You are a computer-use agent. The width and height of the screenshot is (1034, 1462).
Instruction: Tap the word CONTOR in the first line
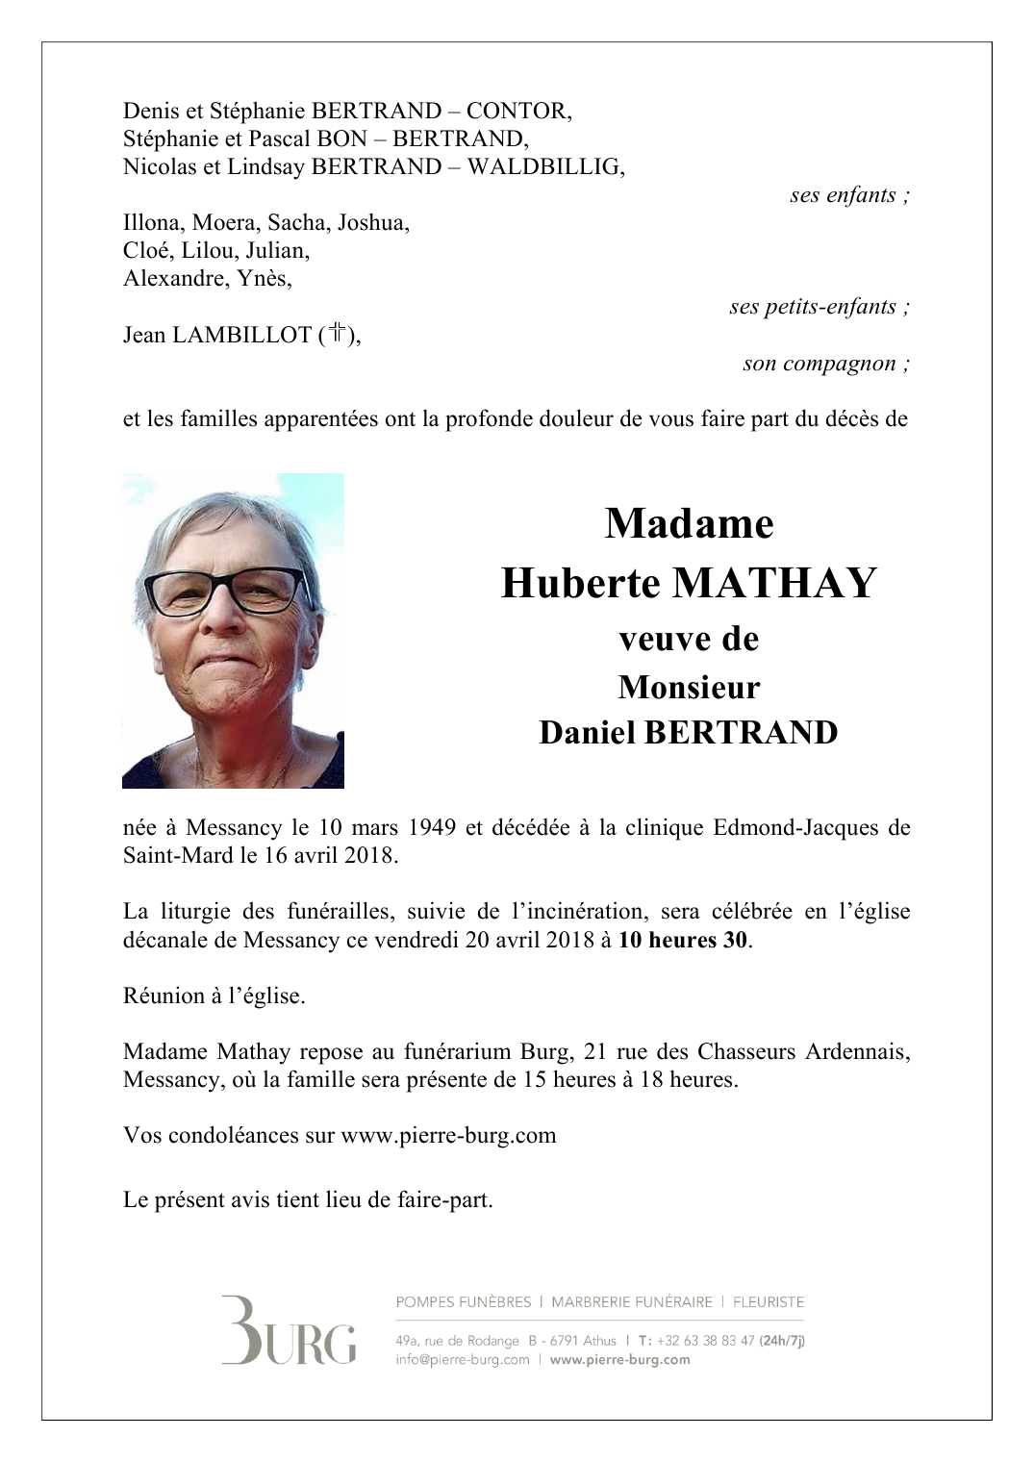click(x=532, y=112)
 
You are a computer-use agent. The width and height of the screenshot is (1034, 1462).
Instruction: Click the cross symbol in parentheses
click(x=337, y=335)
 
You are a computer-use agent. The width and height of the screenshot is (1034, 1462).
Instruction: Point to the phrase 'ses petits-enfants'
click(x=820, y=308)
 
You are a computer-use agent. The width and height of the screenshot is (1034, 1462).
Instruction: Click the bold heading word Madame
click(x=689, y=524)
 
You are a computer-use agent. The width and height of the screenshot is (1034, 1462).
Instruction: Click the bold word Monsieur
click(x=689, y=688)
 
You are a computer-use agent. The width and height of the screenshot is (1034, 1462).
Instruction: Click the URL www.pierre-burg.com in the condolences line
click(x=448, y=1135)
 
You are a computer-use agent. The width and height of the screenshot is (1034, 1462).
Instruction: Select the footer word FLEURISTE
click(x=768, y=1302)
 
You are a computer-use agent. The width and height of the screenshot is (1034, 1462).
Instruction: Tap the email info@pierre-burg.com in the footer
click(x=462, y=1359)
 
